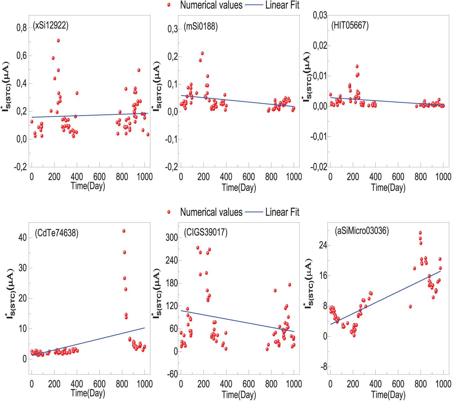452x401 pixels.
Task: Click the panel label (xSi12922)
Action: pos(51,26)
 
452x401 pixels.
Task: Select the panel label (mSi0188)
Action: pos(201,26)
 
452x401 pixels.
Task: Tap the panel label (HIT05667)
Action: pos(350,25)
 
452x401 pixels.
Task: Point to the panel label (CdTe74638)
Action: pos(57,233)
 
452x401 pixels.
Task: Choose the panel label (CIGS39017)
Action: pos(206,232)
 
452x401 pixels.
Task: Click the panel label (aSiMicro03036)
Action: pos(362,231)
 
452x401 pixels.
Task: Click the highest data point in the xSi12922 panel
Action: pos(58,41)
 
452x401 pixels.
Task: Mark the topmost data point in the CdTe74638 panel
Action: pos(124,231)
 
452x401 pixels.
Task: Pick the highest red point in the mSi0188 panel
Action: pos(202,53)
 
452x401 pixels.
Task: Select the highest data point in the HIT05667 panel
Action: pos(357,66)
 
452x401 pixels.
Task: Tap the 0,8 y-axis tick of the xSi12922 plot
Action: pos(21,28)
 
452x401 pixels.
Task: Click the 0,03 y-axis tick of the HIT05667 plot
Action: pos(320,15)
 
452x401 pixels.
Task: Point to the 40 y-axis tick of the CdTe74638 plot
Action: pos(23,238)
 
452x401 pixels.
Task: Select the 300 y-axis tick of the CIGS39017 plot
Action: pos(172,237)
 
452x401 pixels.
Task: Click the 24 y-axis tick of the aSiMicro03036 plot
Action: pos(323,245)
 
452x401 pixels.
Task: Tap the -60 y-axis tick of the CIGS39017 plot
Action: pos(172,374)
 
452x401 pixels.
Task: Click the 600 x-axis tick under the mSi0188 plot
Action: pos(249,177)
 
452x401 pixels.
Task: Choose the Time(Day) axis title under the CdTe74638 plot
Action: pos(88,393)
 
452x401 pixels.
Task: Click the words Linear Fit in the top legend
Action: pos(282,5)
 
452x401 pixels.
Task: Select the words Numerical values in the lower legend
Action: pos(211,212)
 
